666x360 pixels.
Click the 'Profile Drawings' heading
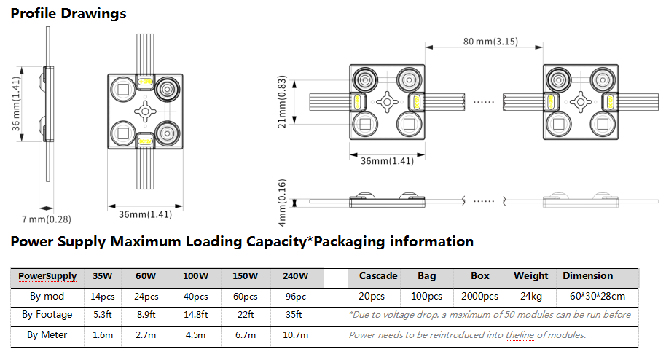pos(68,14)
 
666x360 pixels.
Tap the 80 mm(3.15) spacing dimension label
pos(490,42)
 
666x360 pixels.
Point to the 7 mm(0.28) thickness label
pos(47,219)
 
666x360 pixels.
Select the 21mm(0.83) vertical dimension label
pos(282,102)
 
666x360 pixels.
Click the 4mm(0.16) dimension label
pos(282,203)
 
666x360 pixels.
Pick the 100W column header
pos(195,276)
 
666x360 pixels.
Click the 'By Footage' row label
pos(47,315)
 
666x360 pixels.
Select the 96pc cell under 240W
pos(296,297)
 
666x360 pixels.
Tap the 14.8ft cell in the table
pos(195,315)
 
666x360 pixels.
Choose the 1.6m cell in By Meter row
pos(103,335)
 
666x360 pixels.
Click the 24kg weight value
pos(531,297)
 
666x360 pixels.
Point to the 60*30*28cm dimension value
pos(598,296)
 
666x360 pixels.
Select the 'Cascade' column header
pos(378,276)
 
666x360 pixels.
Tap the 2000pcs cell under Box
pos(479,297)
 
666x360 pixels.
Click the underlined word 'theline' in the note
pos(520,335)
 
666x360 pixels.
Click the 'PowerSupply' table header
pos(47,276)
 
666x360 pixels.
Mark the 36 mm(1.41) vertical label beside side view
pos(16,103)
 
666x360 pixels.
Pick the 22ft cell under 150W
pos(246,315)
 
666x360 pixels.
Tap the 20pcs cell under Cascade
pos(371,297)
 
